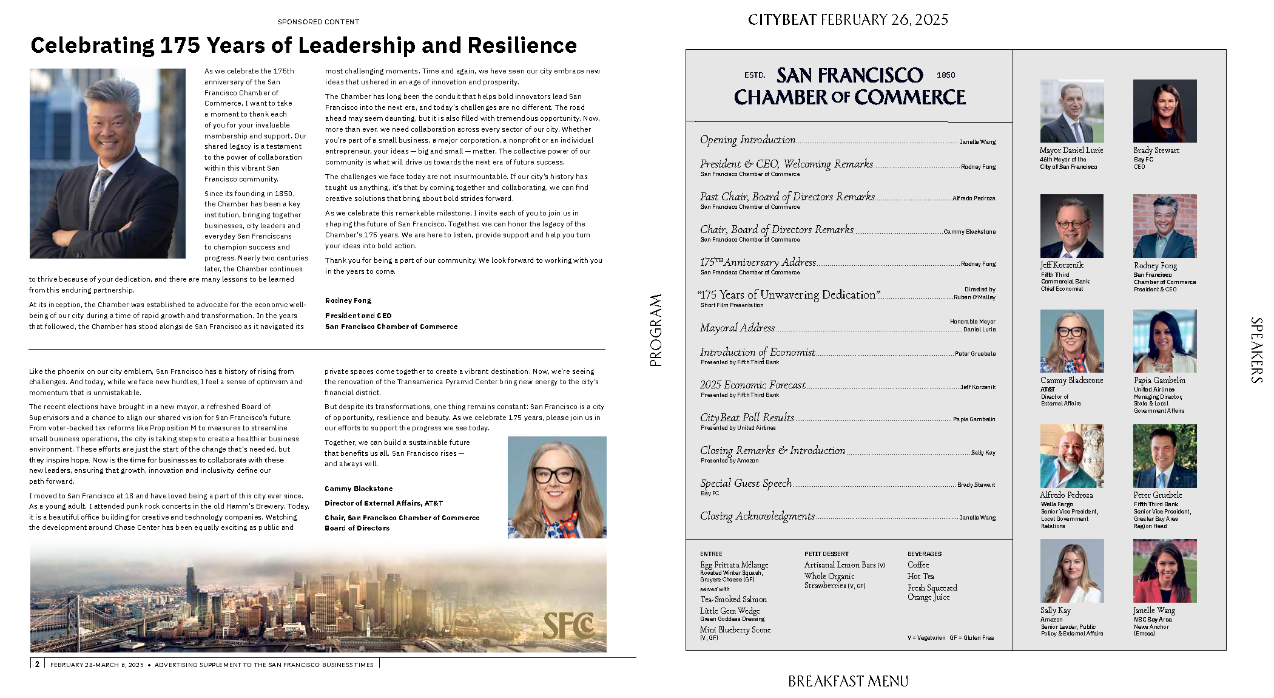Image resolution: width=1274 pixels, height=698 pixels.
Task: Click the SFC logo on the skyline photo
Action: tap(568, 625)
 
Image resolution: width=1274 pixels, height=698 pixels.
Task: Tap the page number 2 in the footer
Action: tap(37, 664)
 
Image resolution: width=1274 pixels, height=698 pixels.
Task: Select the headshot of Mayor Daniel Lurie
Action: tap(1071, 111)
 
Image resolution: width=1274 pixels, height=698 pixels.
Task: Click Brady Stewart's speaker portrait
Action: tap(1164, 111)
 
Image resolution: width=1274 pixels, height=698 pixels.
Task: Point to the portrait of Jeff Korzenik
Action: tap(1071, 226)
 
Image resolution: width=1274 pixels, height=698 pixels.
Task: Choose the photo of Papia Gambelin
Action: tap(1164, 341)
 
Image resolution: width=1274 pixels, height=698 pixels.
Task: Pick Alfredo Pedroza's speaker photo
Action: tap(1071, 456)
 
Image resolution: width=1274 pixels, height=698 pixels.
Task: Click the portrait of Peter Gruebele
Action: tap(1164, 456)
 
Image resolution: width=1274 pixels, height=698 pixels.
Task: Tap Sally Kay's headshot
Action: tap(1071, 571)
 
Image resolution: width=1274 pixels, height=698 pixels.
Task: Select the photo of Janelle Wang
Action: tap(1164, 571)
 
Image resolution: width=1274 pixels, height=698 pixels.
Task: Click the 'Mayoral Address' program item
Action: tap(737, 328)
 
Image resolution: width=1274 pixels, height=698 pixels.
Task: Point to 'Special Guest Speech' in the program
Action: tap(746, 483)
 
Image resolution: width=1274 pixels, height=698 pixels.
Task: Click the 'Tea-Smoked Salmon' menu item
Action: tap(733, 599)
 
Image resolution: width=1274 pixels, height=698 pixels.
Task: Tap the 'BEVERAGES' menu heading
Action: tap(924, 554)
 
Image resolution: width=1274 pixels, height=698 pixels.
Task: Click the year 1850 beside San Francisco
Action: tap(945, 75)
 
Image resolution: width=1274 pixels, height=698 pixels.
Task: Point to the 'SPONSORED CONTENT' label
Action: tap(318, 22)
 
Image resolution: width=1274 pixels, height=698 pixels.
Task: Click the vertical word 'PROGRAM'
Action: tap(656, 330)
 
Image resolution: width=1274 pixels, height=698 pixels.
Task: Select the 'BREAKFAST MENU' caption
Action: tap(848, 682)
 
